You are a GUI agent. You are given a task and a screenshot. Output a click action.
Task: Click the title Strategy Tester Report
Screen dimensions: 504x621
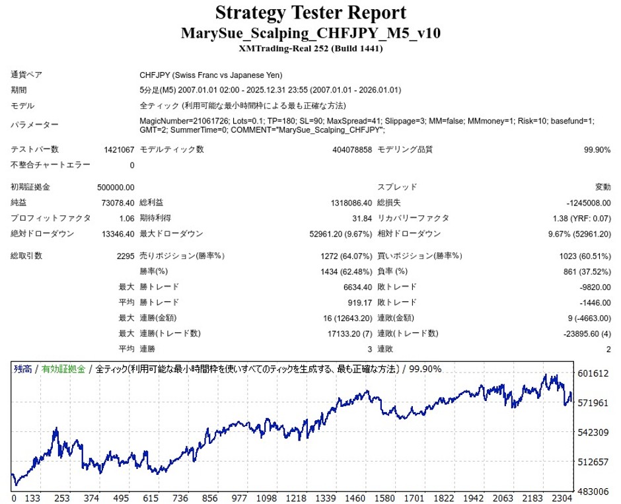click(310, 13)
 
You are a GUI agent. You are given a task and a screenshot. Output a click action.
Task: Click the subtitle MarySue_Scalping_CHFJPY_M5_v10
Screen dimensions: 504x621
click(310, 33)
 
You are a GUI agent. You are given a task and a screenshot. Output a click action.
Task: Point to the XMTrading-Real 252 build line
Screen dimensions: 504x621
click(310, 48)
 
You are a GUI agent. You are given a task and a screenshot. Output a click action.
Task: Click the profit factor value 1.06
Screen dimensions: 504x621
click(126, 218)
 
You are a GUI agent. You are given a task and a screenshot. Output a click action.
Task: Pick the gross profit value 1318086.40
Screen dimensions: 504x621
click(346, 202)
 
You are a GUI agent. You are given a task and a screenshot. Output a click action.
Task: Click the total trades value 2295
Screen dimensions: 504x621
click(125, 256)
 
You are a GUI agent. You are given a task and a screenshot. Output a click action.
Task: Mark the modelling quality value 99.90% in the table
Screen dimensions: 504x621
click(597, 150)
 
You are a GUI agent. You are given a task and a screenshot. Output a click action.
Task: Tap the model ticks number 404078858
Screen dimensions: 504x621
click(351, 150)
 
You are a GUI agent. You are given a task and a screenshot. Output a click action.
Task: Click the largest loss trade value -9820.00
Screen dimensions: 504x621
click(593, 287)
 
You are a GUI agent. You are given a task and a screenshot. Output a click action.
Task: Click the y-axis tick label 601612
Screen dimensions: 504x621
click(593, 373)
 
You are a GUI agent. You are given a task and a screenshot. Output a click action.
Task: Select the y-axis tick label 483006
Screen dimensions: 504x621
click(593, 491)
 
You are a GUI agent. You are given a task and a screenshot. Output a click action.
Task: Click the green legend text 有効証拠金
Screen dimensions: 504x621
click(63, 369)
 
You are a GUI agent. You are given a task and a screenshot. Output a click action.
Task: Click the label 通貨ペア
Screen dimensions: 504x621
click(26, 75)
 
